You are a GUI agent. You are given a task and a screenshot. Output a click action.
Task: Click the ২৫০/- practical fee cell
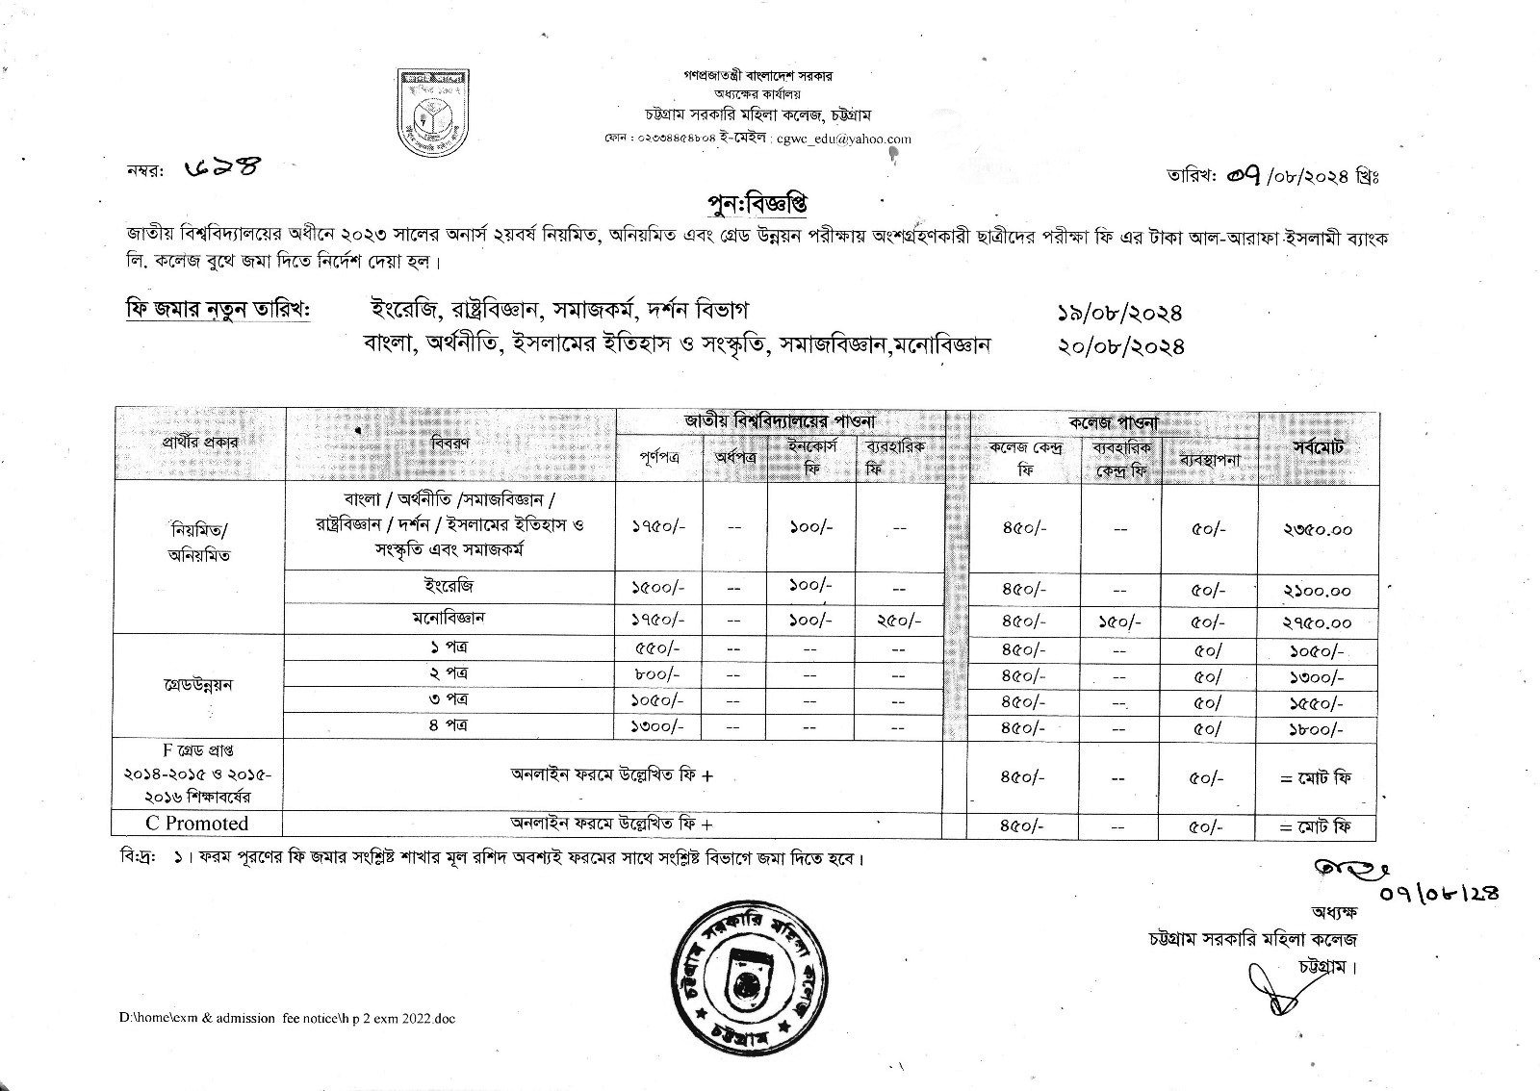point(899,622)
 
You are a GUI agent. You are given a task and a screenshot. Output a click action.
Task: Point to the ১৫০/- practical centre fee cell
point(1120,622)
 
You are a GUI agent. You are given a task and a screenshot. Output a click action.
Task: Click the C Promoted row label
point(196,824)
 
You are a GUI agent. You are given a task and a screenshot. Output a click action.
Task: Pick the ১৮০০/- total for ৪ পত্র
point(1317,729)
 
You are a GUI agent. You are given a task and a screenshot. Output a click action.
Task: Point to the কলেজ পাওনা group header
point(1114,421)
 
